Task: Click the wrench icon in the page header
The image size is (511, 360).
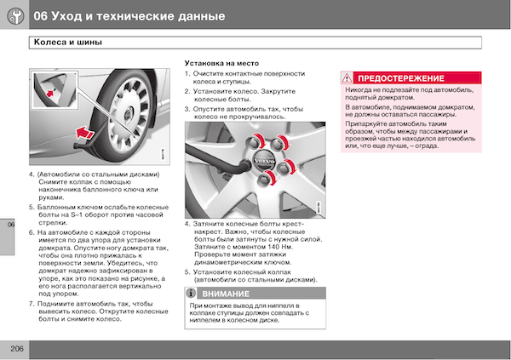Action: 15,16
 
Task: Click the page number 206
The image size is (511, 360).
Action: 17,349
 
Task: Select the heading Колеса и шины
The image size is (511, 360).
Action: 68,43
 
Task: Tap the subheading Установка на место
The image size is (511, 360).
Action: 221,63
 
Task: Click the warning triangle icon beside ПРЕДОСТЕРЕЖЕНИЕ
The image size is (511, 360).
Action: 347,78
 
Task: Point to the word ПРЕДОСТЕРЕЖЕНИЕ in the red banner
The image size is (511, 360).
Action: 401,78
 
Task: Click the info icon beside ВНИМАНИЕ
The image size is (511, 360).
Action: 191,293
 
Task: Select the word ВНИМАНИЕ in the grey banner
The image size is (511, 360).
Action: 226,294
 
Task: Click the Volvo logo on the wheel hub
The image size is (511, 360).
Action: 264,161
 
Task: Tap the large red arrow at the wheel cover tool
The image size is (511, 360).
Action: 84,133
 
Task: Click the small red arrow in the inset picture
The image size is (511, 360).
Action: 50,94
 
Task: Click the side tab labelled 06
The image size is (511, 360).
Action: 7,237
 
